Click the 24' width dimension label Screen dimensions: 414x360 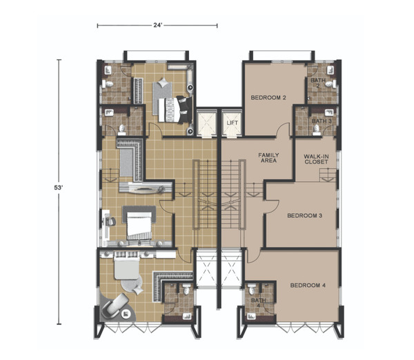tap(157, 25)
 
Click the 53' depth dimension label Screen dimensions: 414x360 tap(58, 188)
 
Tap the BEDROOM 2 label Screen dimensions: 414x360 tap(268, 98)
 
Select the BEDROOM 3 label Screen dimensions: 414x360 tap(305, 216)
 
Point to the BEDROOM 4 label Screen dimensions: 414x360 tap(308, 286)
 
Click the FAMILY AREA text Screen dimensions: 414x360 tap(268, 158)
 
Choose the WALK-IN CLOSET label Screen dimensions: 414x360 tap(316, 159)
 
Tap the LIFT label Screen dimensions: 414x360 tap(233, 123)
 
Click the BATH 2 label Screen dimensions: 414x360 tap(318, 83)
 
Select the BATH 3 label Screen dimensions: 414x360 tap(322, 121)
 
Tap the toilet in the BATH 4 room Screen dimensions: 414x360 tap(252, 289)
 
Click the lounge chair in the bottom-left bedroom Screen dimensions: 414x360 tap(115, 305)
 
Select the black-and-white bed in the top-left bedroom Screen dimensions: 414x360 tap(175, 109)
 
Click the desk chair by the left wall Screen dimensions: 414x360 tap(111, 221)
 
